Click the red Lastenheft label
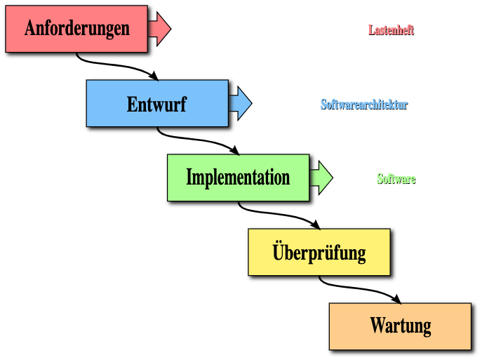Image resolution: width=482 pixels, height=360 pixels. (391, 30)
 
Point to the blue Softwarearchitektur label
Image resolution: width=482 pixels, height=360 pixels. (364, 105)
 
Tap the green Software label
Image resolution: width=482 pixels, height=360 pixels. (396, 179)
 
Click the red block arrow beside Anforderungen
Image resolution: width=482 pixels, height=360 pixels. (160, 29)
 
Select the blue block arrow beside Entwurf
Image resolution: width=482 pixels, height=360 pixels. (241, 103)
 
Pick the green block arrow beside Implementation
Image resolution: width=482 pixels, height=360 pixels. (321, 178)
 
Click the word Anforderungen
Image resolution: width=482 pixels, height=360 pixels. (77, 28)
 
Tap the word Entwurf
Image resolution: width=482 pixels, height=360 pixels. (156, 105)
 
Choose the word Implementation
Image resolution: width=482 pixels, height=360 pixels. (238, 177)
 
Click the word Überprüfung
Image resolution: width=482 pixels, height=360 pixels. (319, 251)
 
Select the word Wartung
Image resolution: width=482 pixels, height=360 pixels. (400, 326)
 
